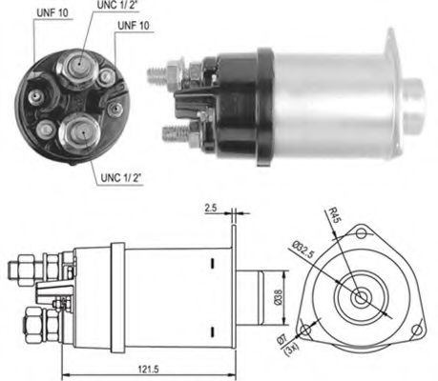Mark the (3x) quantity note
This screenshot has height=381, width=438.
click(290, 350)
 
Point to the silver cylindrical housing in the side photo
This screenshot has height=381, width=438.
click(329, 94)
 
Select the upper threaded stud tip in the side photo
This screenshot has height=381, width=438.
click(155, 70)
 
